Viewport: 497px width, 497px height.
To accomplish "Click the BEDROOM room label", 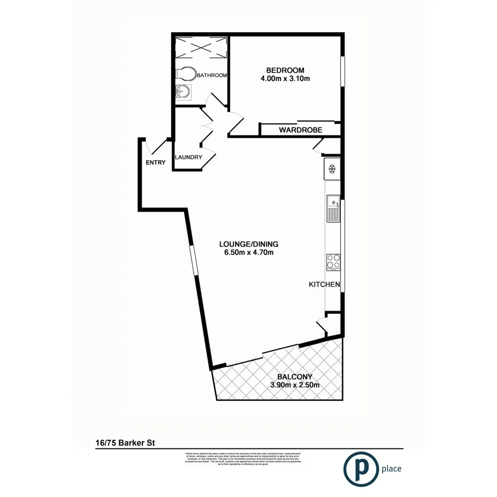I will (285, 70).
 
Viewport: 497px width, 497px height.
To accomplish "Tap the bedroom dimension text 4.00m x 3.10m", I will (285, 79).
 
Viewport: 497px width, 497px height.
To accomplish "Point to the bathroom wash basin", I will (182, 92).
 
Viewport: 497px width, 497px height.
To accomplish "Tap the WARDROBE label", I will (300, 130).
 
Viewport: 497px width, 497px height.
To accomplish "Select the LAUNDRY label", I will (188, 157).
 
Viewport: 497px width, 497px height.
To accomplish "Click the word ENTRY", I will (156, 163).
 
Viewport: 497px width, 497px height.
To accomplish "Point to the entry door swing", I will (153, 146).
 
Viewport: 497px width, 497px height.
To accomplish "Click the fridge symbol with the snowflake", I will (331, 170).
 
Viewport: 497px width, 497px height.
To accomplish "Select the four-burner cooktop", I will (333, 261).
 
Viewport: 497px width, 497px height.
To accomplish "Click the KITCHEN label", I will (324, 285).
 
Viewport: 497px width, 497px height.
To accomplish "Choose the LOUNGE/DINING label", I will (249, 245).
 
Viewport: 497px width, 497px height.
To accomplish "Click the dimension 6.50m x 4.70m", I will (249, 253).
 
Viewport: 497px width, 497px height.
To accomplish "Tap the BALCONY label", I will (295, 376).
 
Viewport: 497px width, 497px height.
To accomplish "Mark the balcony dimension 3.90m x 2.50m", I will (295, 385).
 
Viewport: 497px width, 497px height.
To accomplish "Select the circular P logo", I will (359, 469).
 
